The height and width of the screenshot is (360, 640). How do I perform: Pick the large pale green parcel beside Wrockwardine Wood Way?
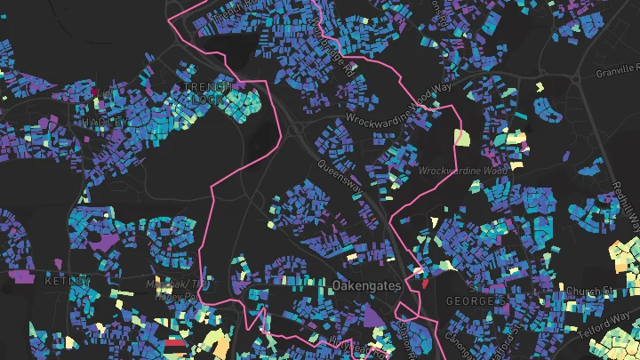coord(461,138)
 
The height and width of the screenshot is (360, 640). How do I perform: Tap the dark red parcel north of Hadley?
coord(93,90)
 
